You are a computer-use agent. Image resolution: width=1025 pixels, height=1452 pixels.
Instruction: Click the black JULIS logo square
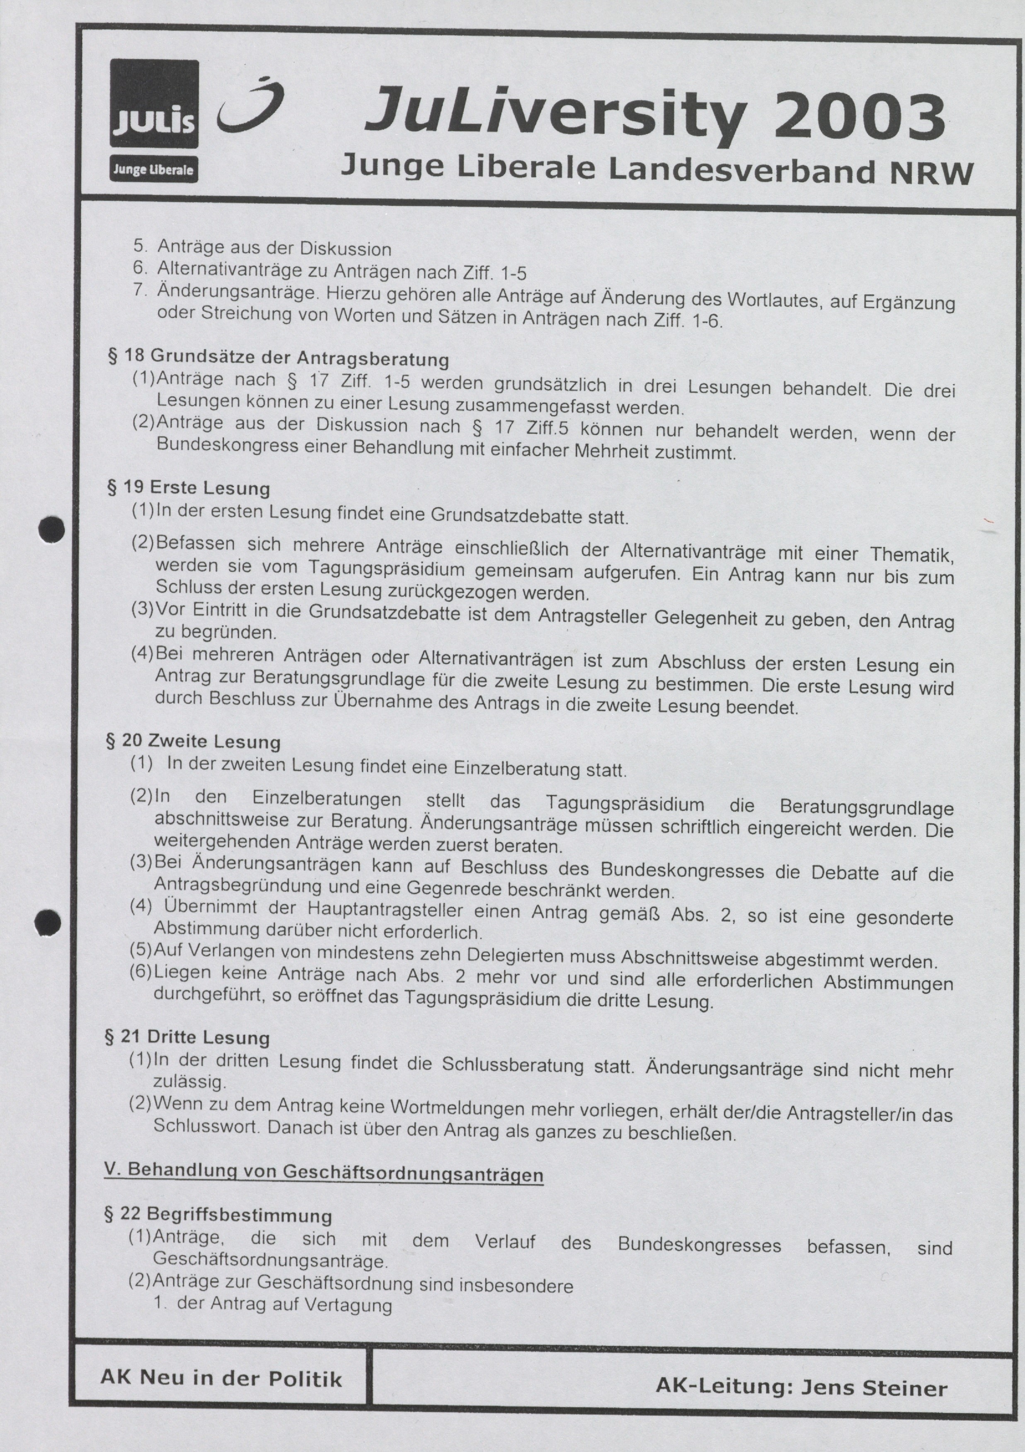(154, 105)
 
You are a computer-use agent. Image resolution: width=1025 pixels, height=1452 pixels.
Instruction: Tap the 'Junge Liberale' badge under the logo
(153, 170)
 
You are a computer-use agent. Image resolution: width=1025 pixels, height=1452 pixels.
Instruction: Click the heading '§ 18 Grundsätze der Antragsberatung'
(279, 358)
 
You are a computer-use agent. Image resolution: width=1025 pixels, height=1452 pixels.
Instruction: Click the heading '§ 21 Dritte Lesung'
(187, 1037)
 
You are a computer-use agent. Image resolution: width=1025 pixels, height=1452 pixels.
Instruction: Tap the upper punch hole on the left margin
(51, 529)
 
